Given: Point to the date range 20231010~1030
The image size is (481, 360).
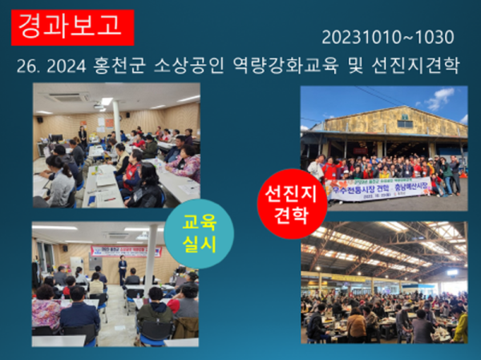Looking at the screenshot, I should tap(388, 37).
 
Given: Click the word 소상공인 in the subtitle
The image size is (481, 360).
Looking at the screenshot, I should tap(222, 67).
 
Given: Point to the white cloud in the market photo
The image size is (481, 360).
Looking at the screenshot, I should tap(440, 99).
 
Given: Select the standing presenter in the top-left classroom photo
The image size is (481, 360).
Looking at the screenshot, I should tap(82, 136).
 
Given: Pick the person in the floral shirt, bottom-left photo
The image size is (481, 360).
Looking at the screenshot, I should tap(46, 308).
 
